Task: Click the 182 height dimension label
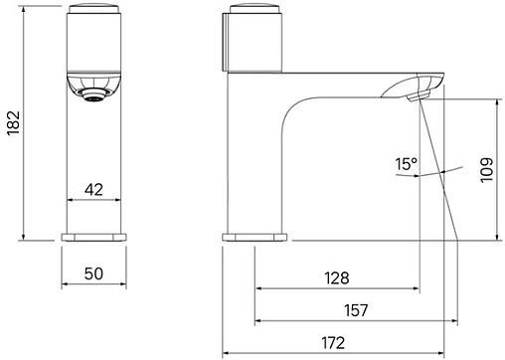[14, 123]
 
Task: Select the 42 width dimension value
[93, 190]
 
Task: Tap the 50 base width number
[93, 273]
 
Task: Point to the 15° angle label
[406, 164]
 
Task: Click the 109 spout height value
[486, 170]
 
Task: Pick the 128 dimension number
[337, 278]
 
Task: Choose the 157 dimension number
[356, 310]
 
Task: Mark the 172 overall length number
[333, 343]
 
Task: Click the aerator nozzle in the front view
[93, 95]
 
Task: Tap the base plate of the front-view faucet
[93, 237]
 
